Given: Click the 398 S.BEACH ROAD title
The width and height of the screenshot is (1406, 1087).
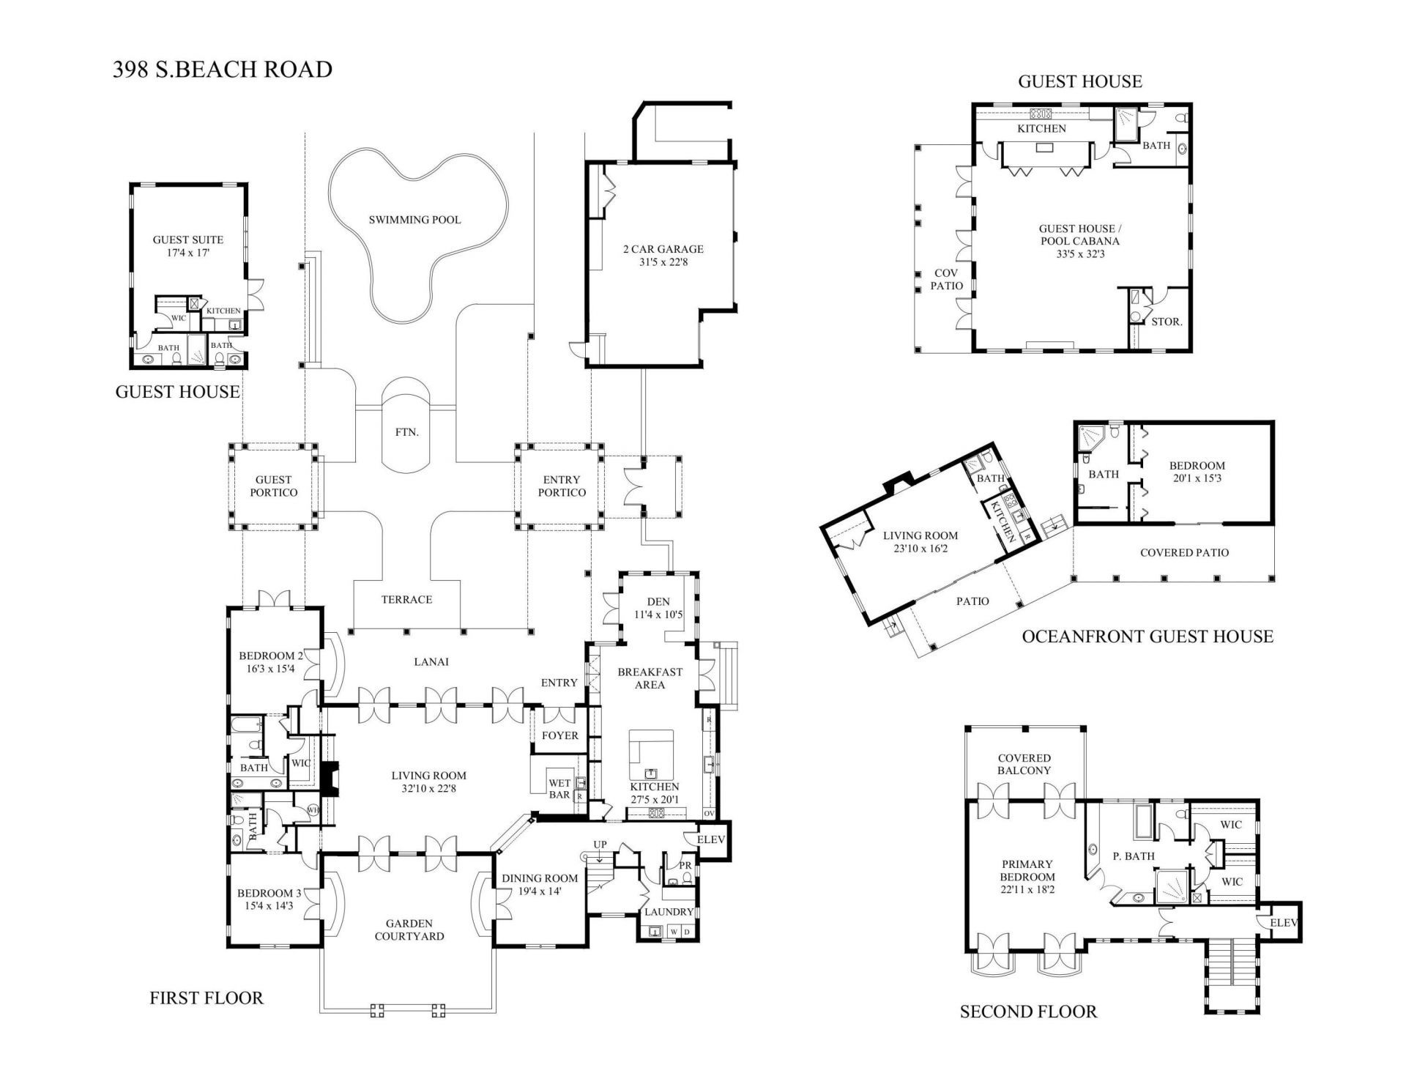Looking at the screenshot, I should point(223,70).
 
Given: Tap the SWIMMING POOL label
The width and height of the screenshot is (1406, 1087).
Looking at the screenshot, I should point(414,220).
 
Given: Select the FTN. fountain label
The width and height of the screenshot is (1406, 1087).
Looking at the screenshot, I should point(407,432).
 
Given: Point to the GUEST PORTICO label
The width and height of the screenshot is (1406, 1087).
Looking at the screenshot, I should point(274,486).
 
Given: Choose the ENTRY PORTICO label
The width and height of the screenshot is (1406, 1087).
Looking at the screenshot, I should point(562,486).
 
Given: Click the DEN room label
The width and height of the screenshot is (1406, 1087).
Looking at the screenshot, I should point(658,602).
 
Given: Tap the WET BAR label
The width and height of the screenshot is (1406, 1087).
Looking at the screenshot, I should point(559,789).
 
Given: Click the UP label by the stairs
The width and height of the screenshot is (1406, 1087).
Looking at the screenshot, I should point(600,845).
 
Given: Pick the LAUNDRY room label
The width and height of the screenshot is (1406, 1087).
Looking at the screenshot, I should point(669,912).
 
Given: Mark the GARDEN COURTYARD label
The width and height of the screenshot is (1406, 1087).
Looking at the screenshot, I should point(409,930).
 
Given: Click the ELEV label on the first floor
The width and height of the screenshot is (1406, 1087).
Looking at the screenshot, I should point(710,840).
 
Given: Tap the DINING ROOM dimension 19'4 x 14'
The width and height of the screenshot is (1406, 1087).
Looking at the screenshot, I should point(540,891).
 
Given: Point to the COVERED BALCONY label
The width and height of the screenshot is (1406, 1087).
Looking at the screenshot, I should point(1024,764).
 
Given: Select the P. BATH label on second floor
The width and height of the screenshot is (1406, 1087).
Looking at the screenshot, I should point(1134,856).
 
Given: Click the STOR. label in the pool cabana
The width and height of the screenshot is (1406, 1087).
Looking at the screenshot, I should point(1167,321).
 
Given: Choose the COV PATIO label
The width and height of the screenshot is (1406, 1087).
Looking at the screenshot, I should point(946,279).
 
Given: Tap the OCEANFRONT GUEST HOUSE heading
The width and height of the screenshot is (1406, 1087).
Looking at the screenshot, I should point(1148,637).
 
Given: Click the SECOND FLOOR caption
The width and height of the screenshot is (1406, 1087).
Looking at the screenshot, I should point(1028,1012).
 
